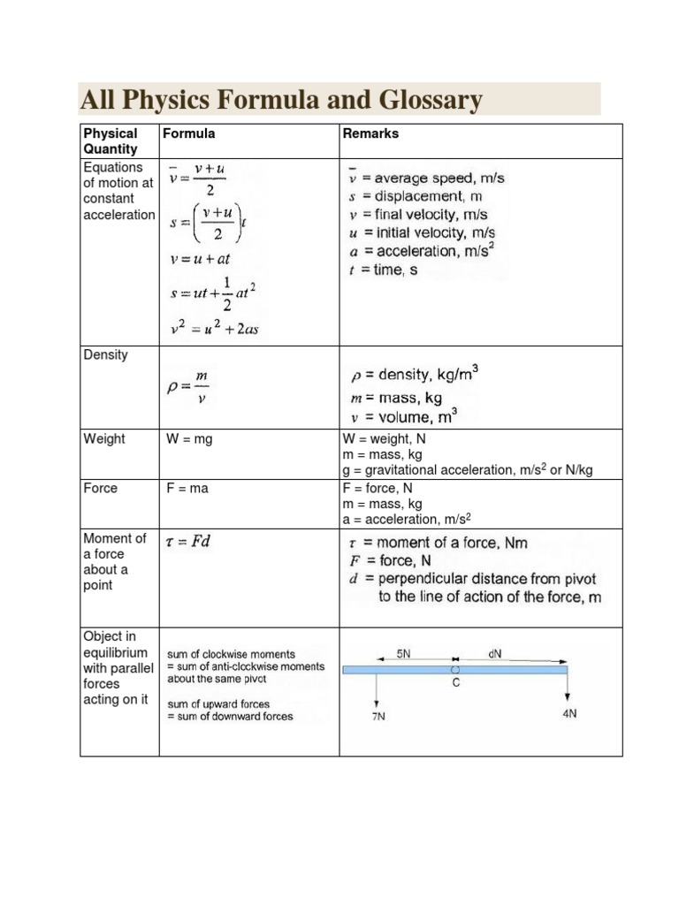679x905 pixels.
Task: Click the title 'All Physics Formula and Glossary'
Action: pyautogui.click(x=281, y=100)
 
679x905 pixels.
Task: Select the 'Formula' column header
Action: pyautogui.click(x=188, y=133)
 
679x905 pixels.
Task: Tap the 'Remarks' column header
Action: pyautogui.click(x=370, y=133)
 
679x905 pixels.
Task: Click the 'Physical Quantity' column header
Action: pyautogui.click(x=111, y=141)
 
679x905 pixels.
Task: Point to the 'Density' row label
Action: pyautogui.click(x=105, y=354)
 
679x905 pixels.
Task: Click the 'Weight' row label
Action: pyautogui.click(x=104, y=438)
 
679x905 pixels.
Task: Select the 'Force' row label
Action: pyautogui.click(x=100, y=488)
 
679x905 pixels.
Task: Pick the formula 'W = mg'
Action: pyautogui.click(x=189, y=438)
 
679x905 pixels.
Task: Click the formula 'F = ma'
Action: pyautogui.click(x=187, y=488)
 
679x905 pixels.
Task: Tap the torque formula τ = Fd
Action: pyautogui.click(x=187, y=541)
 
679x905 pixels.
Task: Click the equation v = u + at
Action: pyautogui.click(x=199, y=260)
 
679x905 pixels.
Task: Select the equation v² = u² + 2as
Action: pyautogui.click(x=213, y=329)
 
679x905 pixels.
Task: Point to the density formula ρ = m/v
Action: pyautogui.click(x=189, y=387)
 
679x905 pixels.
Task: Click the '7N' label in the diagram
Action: pyautogui.click(x=378, y=717)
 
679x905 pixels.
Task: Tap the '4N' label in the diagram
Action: pyautogui.click(x=569, y=713)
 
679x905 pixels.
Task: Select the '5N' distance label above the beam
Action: pyautogui.click(x=403, y=654)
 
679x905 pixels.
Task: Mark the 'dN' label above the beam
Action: pyautogui.click(x=495, y=654)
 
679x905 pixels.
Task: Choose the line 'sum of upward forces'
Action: pyautogui.click(x=218, y=704)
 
